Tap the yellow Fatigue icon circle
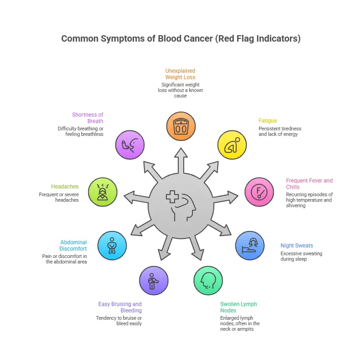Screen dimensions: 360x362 pos(231,145)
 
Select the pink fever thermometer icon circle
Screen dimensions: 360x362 pos(259,192)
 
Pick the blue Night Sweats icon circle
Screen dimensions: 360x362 pos(250,246)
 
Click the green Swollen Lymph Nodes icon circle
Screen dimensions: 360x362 pos(208,280)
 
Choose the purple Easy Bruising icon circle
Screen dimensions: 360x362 pos(154,280)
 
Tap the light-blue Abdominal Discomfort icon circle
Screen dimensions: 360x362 pos(112,246)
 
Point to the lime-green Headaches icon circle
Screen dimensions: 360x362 pos(102,192)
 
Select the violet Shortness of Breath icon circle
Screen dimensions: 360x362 pos(130,145)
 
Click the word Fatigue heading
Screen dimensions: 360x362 pos(267,121)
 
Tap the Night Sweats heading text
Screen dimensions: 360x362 pos(297,246)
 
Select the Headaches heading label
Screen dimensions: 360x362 pos(65,187)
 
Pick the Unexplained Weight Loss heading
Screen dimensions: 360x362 pos(180,74)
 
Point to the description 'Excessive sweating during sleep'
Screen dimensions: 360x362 pos(301,256)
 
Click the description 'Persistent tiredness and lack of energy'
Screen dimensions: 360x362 pos(280,131)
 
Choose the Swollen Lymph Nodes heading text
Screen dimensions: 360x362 pos(238,307)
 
